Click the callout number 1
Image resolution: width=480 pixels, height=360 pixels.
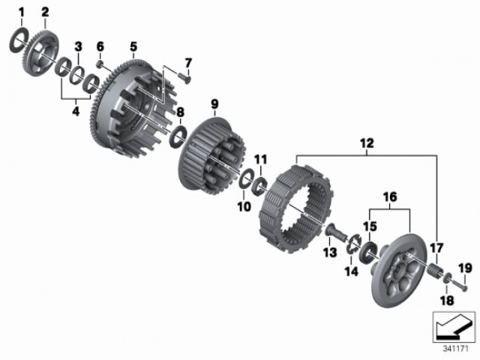[x=21, y=13]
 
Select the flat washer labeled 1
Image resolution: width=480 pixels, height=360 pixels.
[x=19, y=40]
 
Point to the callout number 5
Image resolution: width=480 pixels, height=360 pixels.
[x=133, y=46]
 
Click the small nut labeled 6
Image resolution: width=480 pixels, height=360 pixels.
[x=100, y=64]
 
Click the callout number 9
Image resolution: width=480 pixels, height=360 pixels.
[x=214, y=104]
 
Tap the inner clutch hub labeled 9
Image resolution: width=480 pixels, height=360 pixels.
[x=211, y=155]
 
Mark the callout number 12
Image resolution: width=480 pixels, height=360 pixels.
[x=367, y=143]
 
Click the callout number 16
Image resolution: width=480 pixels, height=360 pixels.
[x=390, y=197]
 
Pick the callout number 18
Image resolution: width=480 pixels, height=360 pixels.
[x=447, y=301]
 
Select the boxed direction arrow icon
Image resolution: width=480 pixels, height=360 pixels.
[x=454, y=327]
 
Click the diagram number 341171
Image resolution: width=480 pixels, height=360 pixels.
[x=456, y=349]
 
